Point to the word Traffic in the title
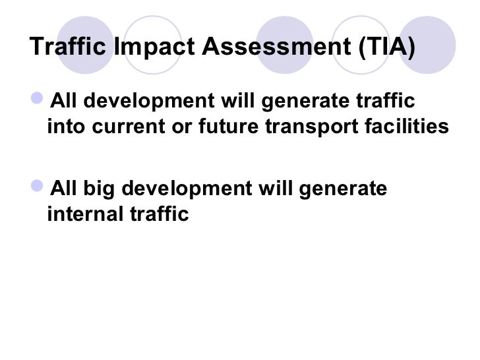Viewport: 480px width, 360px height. [71, 47]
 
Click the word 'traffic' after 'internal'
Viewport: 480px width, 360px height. [158, 214]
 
